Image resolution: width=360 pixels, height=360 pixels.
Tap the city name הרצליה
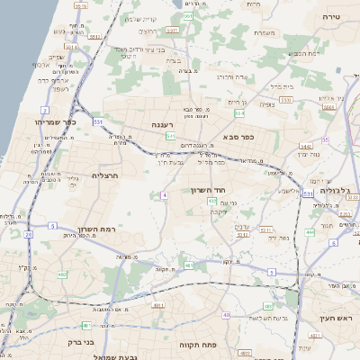(x=106, y=175)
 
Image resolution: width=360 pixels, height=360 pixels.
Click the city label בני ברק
(x=82, y=342)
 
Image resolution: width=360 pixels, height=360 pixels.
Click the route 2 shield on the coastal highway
(x=45, y=108)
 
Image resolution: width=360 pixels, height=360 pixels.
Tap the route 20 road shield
(x=29, y=235)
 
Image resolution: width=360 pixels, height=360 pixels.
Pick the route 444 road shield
(x=309, y=231)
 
